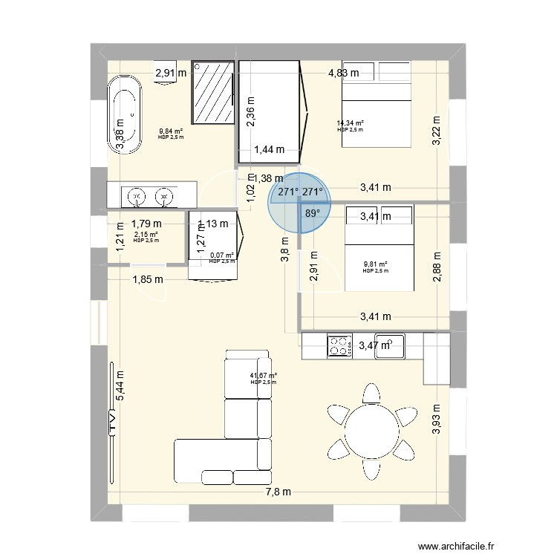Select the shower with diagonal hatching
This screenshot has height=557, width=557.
(214, 93)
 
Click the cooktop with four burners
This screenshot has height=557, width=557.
(341, 346)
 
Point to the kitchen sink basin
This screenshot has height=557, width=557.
(389, 346)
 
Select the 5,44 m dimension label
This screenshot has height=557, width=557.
(120, 385)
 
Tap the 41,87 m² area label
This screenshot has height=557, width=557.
(263, 377)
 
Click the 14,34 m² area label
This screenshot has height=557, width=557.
(350, 123)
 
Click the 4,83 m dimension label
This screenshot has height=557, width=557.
(343, 73)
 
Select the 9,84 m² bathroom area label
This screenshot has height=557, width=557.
(171, 131)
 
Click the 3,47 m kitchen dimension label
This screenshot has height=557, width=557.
(375, 345)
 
